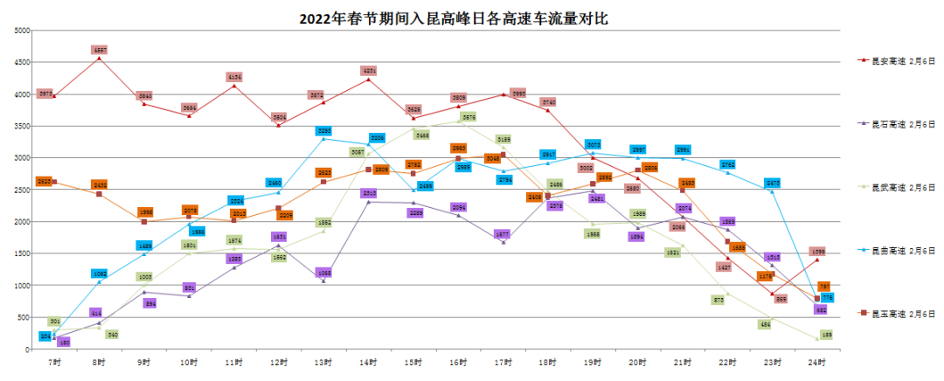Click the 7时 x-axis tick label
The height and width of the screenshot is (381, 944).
(x=54, y=360)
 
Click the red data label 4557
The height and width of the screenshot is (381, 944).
(x=100, y=51)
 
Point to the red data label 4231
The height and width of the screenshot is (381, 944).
(x=369, y=71)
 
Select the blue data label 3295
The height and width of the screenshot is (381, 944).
(x=324, y=131)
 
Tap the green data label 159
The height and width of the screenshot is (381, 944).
(x=827, y=335)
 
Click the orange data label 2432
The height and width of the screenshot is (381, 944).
(x=100, y=185)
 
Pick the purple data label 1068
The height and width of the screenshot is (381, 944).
(x=324, y=273)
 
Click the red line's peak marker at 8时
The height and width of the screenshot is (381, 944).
(x=100, y=59)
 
